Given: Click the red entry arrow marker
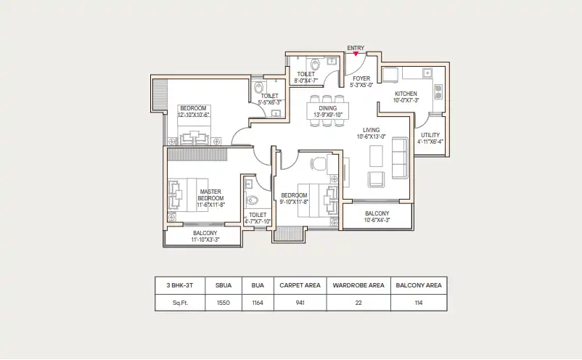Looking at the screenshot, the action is point(356,54).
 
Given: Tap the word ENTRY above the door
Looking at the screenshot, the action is point(356,48).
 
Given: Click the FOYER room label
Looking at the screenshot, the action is point(361,78).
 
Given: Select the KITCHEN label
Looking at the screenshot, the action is point(406,94).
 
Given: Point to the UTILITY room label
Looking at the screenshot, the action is point(430,135).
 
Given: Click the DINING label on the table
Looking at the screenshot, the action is point(328,108).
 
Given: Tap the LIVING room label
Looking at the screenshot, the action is point(371,130).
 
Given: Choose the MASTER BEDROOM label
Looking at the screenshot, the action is point(210,195).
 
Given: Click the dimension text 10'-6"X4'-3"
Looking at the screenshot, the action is point(377,220).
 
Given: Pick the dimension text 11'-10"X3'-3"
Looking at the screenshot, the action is point(205,240).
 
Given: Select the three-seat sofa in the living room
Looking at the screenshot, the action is point(400,157).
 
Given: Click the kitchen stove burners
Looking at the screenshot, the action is point(438,91).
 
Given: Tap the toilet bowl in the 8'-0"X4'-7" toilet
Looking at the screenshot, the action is point(315,65).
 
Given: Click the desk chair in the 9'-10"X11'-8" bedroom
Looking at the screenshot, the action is point(318,164).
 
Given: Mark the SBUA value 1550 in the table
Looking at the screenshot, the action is point(224,303).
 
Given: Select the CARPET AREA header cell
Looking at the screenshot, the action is point(300,285).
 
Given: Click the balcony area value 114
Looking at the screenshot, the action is point(419,303).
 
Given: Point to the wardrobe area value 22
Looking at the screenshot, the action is point(358,303).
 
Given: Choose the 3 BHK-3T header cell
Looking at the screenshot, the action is point(180,285).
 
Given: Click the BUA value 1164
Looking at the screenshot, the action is point(258,303).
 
